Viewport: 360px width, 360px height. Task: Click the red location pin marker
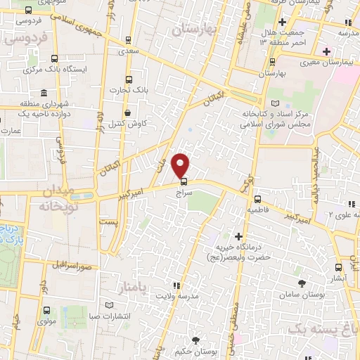pos(181,165)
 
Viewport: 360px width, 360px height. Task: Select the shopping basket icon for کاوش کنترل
pos(127,112)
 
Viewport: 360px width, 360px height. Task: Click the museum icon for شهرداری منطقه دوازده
pos(44,94)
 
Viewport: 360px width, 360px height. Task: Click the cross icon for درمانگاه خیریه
pos(239,236)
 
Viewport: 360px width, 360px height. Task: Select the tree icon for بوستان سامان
pos(302,283)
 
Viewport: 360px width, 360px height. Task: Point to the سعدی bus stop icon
pos(127,40)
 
